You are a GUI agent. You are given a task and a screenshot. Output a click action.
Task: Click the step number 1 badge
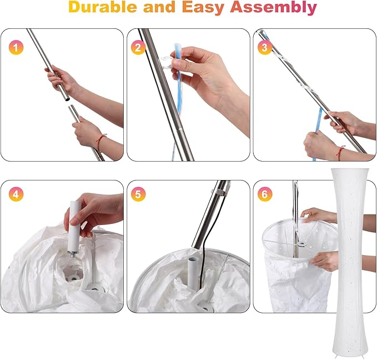[x=16, y=47]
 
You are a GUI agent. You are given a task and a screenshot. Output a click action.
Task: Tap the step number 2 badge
[x=138, y=47]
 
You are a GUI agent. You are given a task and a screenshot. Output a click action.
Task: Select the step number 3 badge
[x=265, y=47]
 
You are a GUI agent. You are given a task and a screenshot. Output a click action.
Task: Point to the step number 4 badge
[x=16, y=194]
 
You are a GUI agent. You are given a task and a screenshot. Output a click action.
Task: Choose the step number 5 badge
[x=138, y=194]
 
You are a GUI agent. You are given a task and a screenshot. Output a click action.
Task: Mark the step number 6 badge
[x=265, y=194]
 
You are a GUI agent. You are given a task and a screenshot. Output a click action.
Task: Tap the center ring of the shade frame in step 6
[x=301, y=244]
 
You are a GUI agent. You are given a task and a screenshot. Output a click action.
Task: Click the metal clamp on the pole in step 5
[x=220, y=192]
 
